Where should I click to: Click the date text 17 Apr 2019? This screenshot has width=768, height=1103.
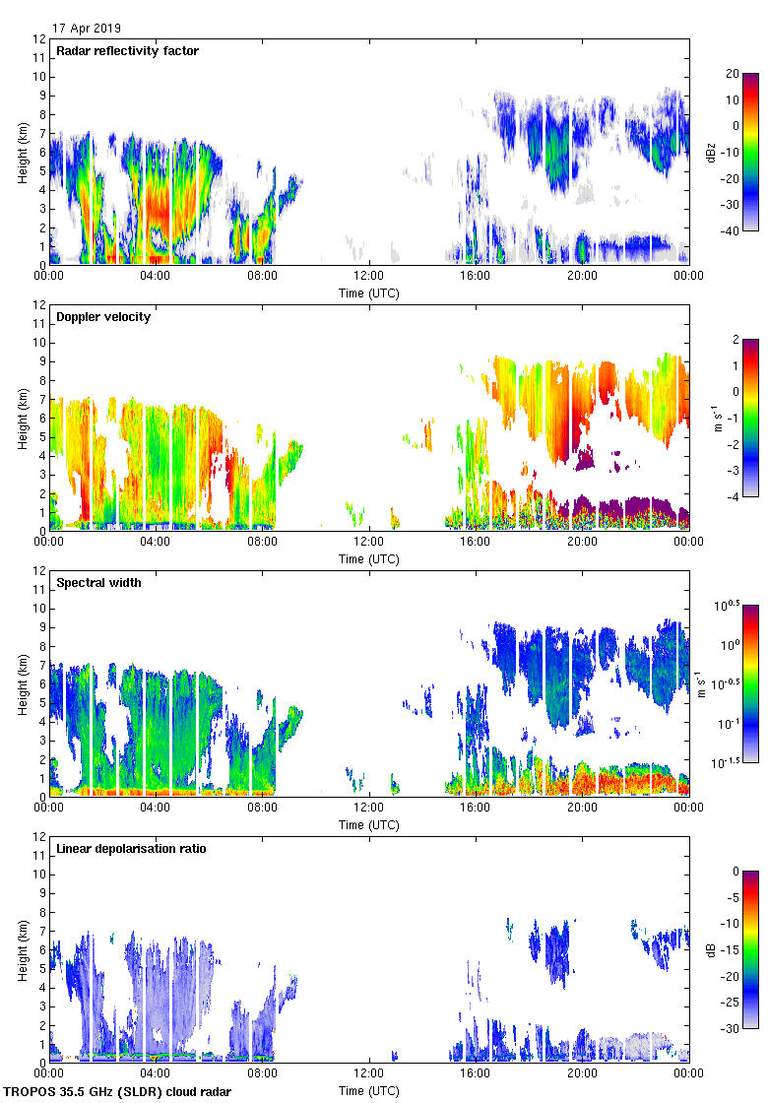tap(87, 29)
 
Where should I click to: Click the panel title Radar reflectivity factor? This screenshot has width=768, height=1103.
tap(127, 51)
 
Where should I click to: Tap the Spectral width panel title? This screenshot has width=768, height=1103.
tap(96, 583)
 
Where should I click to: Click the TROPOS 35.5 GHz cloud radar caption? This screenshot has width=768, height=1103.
tap(118, 1092)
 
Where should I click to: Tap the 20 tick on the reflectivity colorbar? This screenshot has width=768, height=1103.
tap(734, 74)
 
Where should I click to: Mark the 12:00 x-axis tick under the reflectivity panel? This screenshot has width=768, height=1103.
tap(369, 277)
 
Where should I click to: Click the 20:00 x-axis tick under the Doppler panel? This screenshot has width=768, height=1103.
tap(582, 543)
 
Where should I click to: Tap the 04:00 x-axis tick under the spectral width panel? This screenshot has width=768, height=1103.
tap(156, 809)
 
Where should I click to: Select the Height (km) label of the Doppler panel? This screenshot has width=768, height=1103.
tap(22, 419)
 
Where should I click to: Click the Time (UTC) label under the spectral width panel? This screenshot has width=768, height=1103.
tap(369, 824)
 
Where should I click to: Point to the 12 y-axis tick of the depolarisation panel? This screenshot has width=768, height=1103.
tap(38, 837)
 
